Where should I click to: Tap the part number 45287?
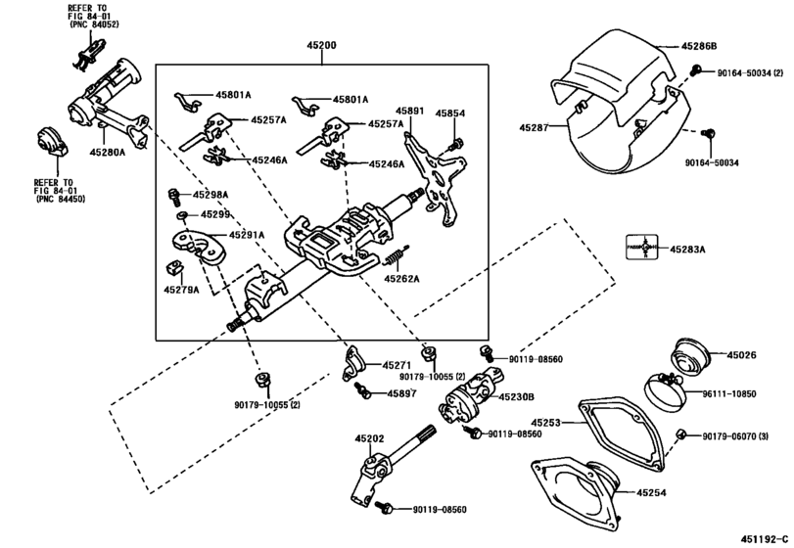pyautogui.click(x=537, y=126)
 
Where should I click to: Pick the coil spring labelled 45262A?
pyautogui.click(x=395, y=260)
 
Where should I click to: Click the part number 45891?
pyautogui.click(x=409, y=113)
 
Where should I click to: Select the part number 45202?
pyautogui.click(x=369, y=439)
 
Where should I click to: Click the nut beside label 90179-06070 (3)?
pyautogui.click(x=681, y=434)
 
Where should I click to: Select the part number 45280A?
pyautogui.click(x=110, y=153)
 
